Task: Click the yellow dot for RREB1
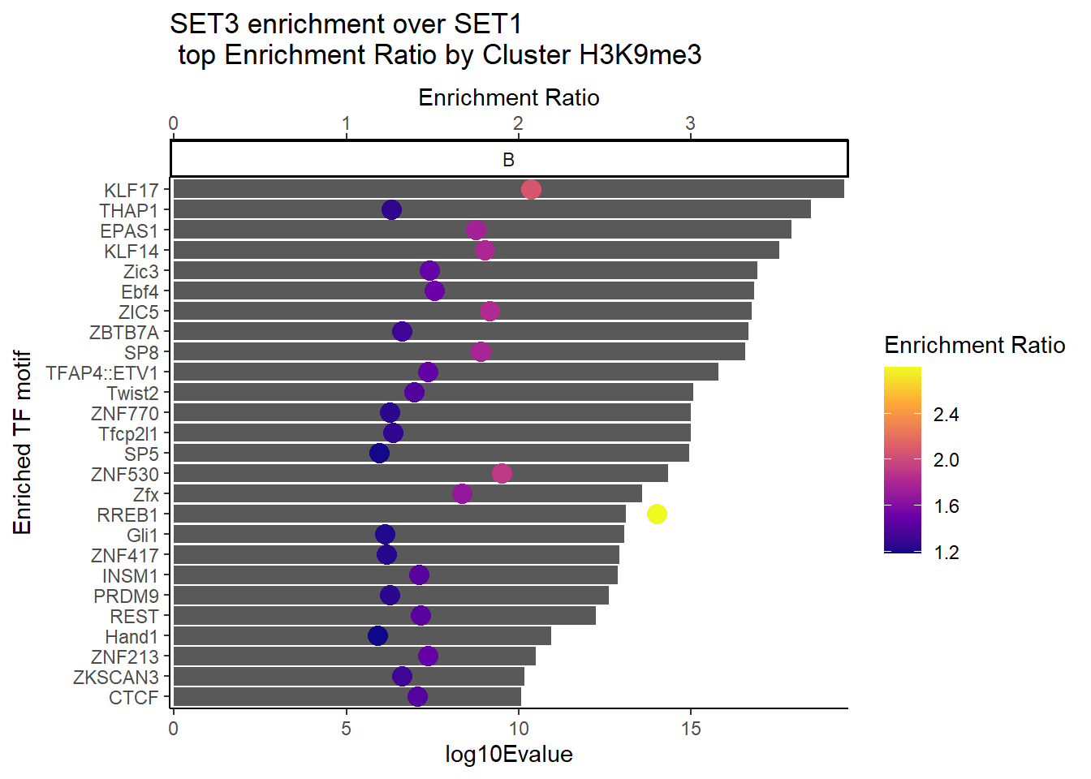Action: [x=657, y=514]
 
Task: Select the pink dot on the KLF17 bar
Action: [x=531, y=189]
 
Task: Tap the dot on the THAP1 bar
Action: [x=391, y=210]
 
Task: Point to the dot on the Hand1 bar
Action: [x=377, y=635]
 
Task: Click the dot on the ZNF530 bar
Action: [x=502, y=473]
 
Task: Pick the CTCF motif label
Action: [x=133, y=698]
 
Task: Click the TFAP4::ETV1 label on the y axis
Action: [x=102, y=373]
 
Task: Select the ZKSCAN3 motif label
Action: [x=116, y=678]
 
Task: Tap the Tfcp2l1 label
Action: [x=128, y=434]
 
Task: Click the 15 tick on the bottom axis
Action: [x=691, y=728]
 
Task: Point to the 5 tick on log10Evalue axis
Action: [x=346, y=728]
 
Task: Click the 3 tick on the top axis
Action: [x=691, y=123]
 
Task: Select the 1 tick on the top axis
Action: [x=346, y=123]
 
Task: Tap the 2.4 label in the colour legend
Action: [x=946, y=415]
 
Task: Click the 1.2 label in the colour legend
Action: [x=946, y=553]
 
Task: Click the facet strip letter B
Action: [x=509, y=160]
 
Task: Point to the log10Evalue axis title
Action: [x=509, y=755]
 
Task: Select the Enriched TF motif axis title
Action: [x=23, y=443]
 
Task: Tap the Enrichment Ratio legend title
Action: [x=974, y=346]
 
